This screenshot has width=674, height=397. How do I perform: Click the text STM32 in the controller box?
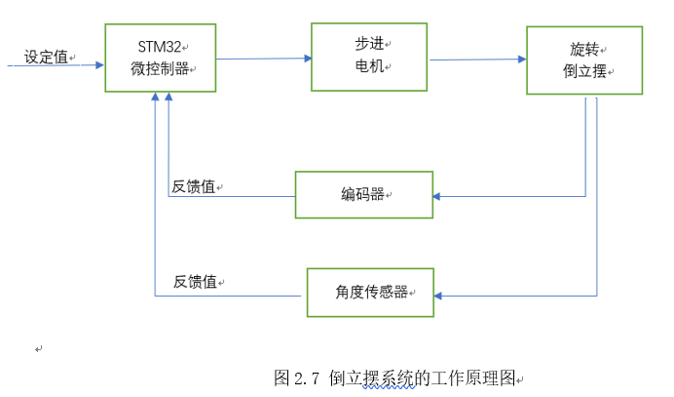[x=157, y=47]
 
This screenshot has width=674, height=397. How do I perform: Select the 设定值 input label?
[x=46, y=57]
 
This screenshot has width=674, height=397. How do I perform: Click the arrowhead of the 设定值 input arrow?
[x=99, y=65]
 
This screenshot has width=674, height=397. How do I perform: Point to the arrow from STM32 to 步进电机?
[x=263, y=60]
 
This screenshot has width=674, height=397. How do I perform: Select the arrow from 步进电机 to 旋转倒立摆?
[x=477, y=60]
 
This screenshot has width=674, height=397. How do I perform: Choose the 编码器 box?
[x=362, y=195]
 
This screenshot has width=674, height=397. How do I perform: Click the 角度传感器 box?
[x=370, y=292]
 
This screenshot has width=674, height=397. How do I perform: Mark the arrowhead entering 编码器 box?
[x=436, y=196]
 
